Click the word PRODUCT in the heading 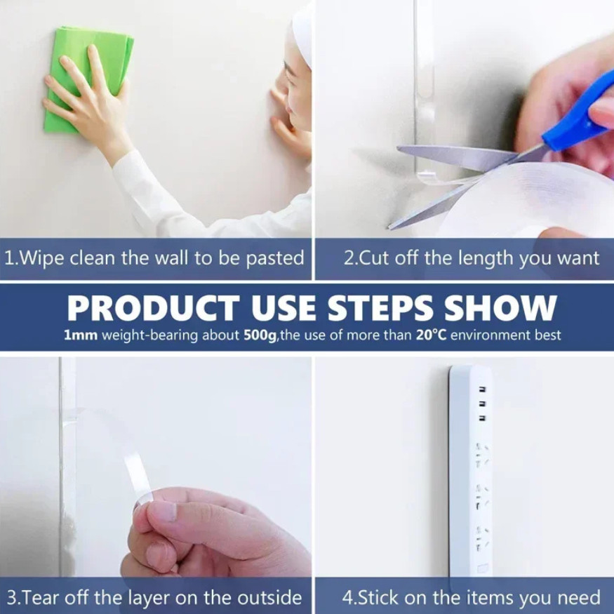click(153, 308)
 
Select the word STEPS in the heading click(380, 308)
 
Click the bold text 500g click(260, 335)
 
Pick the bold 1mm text click(81, 335)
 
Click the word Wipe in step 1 click(41, 259)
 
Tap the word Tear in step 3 click(37, 599)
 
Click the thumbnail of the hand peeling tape click(156, 466)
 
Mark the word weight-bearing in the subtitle click(151, 336)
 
